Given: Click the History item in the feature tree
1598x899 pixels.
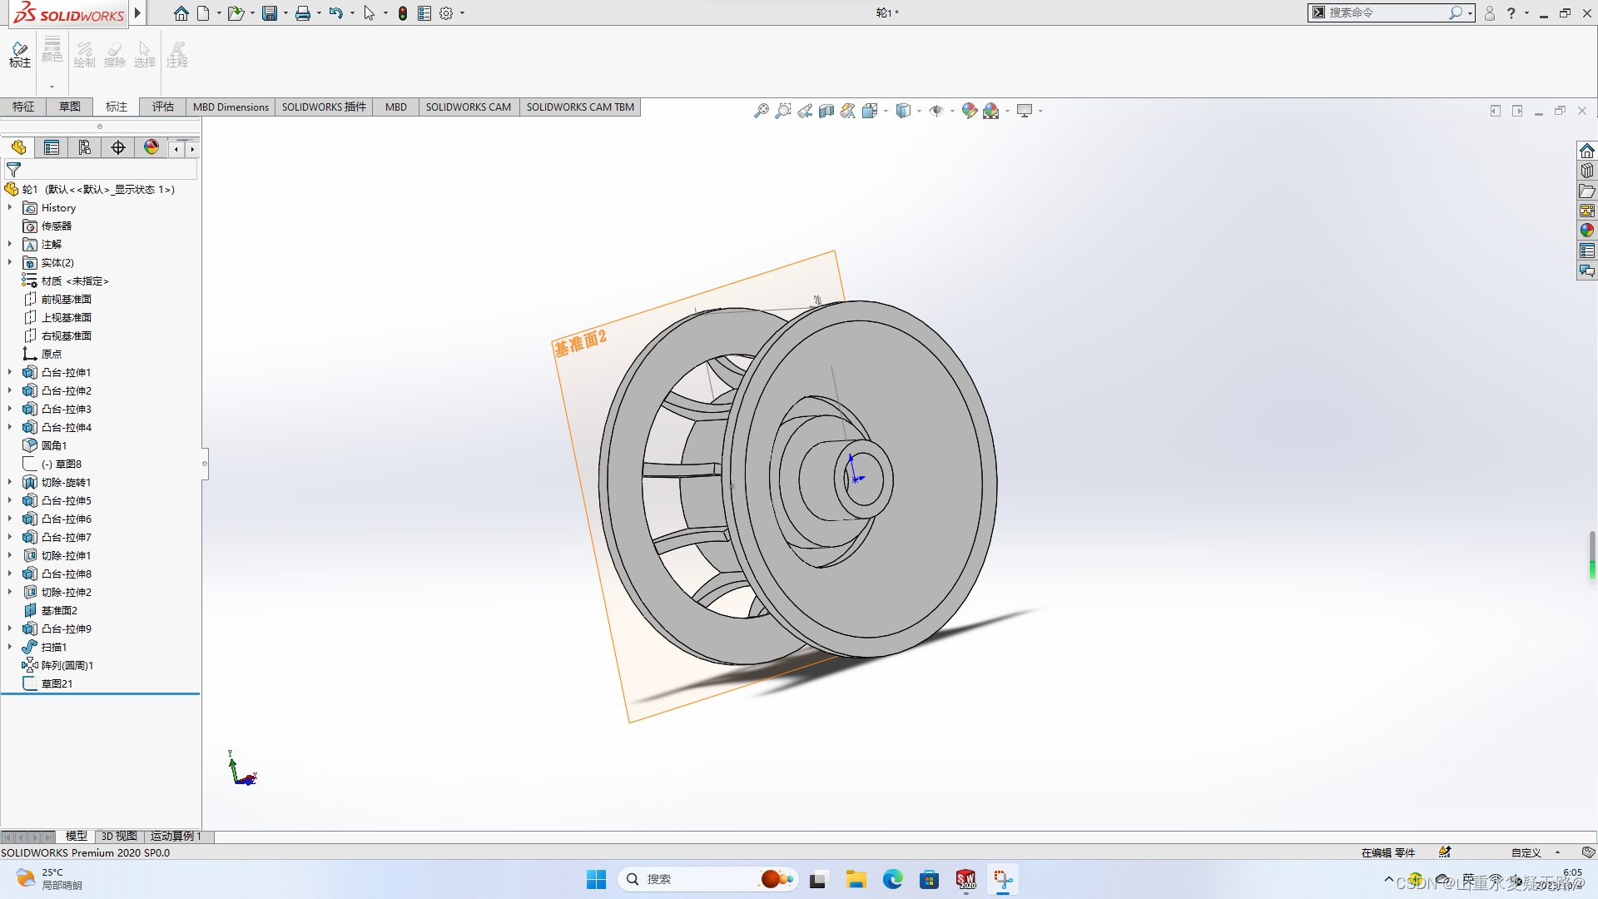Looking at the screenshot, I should point(58,208).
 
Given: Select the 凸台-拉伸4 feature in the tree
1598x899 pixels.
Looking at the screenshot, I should point(67,428).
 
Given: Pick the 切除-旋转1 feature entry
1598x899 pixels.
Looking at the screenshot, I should point(66,483).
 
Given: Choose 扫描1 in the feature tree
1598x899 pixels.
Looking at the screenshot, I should point(54,648).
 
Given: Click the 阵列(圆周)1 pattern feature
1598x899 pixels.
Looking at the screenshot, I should point(67,666).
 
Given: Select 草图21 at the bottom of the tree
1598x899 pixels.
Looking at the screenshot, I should point(57,684).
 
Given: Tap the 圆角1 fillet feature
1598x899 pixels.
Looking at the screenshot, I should point(54,446).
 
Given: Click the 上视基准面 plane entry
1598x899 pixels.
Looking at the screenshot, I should point(67,318).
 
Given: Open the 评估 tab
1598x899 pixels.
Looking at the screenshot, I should point(163,107).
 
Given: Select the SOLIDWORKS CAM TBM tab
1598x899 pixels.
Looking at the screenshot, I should point(580,107).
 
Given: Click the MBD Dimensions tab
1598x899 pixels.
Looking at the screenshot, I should point(231,107).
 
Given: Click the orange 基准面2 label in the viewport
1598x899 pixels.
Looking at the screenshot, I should point(580,342).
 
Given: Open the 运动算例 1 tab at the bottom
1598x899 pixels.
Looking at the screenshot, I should point(176,836).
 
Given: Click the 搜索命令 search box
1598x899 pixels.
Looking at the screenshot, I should point(1385,12).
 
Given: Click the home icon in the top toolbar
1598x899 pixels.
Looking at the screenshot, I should point(181,13).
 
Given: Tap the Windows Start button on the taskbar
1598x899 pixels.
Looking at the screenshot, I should point(596,879).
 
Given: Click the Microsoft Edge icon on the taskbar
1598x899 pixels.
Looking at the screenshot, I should point(892,879).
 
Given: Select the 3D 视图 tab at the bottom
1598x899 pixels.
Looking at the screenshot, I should point(119,836).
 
